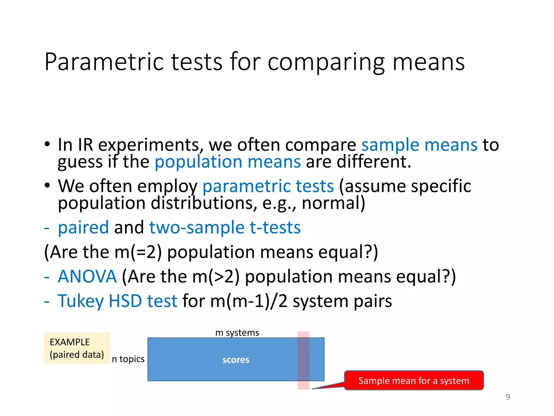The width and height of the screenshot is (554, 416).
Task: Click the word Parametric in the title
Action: pos(104,62)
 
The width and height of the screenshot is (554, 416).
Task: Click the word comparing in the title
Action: pos(326,62)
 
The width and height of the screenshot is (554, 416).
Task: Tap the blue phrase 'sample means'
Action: pos(419,145)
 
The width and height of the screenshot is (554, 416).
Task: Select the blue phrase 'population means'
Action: pos(227,162)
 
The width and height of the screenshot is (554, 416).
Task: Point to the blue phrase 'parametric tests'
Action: pos(268,186)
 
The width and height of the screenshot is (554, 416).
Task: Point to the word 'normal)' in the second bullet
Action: pos(333,203)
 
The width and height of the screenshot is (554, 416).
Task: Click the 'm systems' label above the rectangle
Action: pos(237,333)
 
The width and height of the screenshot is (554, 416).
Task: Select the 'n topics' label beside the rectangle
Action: pos(128,359)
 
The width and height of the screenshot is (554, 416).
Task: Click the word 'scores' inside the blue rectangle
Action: pos(236,360)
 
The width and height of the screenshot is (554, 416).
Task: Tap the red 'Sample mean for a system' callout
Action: pos(414,381)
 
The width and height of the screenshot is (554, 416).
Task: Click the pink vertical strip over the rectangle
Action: pos(303,360)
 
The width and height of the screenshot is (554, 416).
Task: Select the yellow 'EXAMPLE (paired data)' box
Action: pos(77,348)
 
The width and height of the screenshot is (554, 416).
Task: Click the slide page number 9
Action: pos(508,397)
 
